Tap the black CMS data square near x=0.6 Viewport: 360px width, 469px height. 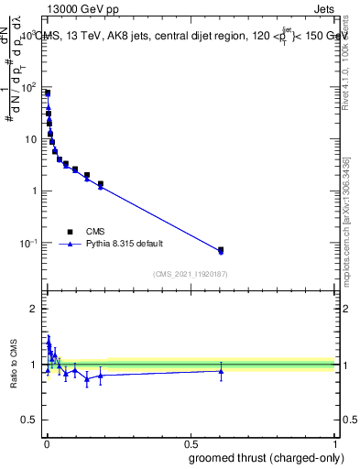[221, 249]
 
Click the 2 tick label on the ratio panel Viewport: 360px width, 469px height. [36, 309]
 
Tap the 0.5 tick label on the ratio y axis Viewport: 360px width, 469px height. [31, 420]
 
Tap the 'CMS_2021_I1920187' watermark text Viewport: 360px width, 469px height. [191, 273]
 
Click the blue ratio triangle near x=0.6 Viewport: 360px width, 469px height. [221, 371]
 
